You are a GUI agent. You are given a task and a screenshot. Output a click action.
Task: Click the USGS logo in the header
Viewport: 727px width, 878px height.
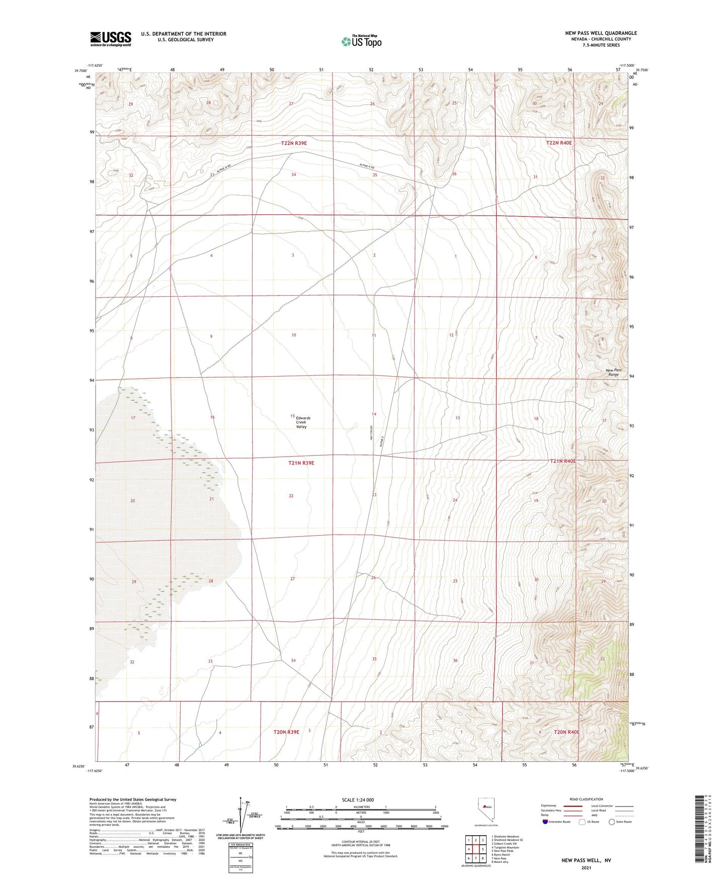(111, 39)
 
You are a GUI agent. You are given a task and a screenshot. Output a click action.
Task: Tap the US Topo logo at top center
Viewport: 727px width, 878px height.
(361, 41)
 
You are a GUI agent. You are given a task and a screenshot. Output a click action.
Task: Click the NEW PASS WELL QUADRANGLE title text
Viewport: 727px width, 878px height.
(601, 33)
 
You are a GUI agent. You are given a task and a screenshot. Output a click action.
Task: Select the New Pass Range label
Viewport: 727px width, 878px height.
(613, 372)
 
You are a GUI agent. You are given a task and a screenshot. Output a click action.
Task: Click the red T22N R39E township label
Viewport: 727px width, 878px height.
(294, 143)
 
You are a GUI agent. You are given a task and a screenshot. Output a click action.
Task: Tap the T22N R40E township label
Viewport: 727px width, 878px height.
(559, 143)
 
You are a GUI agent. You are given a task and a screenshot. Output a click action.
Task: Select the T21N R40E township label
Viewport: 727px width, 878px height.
(562, 461)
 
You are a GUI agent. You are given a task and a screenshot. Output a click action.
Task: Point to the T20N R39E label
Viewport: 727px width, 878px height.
(286, 732)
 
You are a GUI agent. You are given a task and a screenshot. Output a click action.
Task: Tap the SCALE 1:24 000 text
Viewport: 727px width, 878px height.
(358, 800)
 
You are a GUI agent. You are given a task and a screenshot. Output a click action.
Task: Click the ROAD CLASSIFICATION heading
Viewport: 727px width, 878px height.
(586, 799)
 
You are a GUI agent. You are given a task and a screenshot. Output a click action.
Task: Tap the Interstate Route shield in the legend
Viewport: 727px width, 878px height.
(546, 822)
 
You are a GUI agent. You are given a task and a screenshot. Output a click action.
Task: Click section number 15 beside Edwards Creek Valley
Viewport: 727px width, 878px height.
(292, 416)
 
